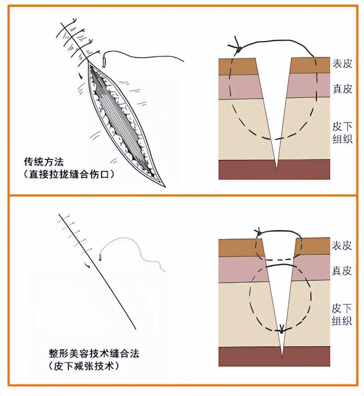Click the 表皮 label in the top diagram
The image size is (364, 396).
pos(342,64)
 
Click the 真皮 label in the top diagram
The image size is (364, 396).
pos(342,89)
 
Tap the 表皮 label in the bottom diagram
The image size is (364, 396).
pos(342,245)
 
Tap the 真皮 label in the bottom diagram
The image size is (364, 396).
pos(342,270)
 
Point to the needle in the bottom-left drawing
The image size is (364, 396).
pos(100,256)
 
